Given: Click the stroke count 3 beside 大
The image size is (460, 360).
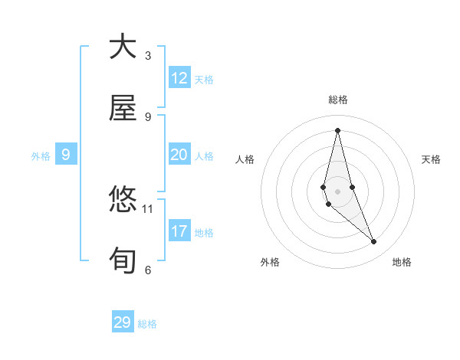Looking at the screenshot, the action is pyautogui.click(x=148, y=56).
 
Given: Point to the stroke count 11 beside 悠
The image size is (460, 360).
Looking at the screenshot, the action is pyautogui.click(x=148, y=208).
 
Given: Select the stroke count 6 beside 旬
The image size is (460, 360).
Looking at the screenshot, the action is pyautogui.click(x=148, y=270).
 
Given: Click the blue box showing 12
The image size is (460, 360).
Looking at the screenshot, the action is pyautogui.click(x=179, y=78).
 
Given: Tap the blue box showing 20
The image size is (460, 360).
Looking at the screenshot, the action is pyautogui.click(x=179, y=155).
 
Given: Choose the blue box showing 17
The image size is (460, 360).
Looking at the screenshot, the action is pyautogui.click(x=179, y=231).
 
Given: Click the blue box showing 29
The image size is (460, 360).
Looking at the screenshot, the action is pyautogui.click(x=123, y=322).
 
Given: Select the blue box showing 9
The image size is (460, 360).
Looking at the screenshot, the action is pyautogui.click(x=66, y=155).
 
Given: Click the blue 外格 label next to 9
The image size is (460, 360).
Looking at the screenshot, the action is pyautogui.click(x=41, y=156).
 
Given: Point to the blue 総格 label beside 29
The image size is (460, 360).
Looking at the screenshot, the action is pyautogui.click(x=148, y=324).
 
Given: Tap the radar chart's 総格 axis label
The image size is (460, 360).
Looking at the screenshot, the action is pyautogui.click(x=338, y=100).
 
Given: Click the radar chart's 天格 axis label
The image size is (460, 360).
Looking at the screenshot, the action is pyautogui.click(x=432, y=159).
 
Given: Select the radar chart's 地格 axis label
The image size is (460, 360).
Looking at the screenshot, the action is pyautogui.click(x=402, y=262).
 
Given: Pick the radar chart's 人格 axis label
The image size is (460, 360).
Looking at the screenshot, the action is pyautogui.click(x=245, y=159).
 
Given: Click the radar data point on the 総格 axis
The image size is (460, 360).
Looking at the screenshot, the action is pyautogui.click(x=337, y=129).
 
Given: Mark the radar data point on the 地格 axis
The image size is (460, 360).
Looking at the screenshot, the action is pyautogui.click(x=374, y=242).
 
